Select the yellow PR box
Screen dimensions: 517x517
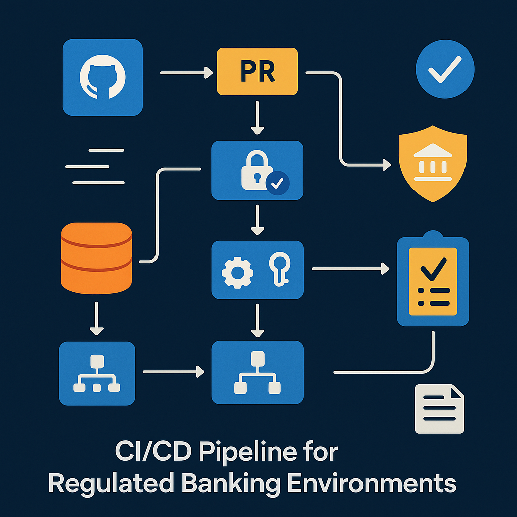pyautogui.click(x=257, y=72)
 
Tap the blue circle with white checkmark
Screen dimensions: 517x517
pyautogui.click(x=444, y=69)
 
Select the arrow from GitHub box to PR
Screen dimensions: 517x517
pyautogui.click(x=186, y=74)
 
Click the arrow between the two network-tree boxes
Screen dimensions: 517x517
pyautogui.click(x=174, y=372)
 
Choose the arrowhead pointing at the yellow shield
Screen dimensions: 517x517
pyautogui.click(x=386, y=165)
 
